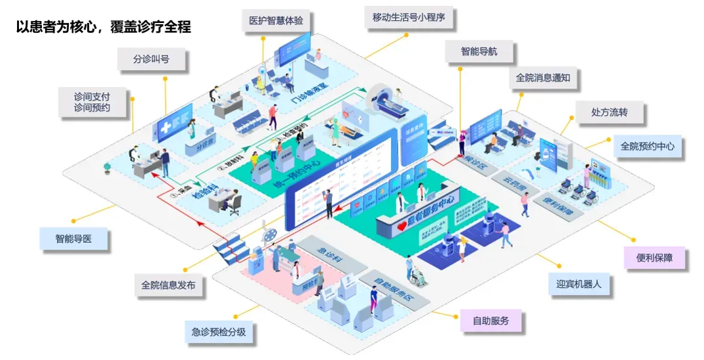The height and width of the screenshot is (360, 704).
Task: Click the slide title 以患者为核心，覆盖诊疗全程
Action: point(103,28)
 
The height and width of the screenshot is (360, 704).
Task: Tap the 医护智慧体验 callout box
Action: point(276,20)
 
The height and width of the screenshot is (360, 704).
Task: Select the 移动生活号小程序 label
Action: point(408,18)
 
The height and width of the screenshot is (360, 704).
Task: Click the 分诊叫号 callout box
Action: point(151,60)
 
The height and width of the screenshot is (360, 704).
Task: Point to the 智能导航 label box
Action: point(479,51)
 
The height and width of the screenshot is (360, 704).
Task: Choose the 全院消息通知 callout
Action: point(543,78)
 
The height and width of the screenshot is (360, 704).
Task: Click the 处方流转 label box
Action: point(609,113)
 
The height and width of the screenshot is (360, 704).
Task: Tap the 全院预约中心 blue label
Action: point(647,146)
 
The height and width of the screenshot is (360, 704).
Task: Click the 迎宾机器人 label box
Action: point(579,284)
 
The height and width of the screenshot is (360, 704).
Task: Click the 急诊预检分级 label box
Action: point(219,332)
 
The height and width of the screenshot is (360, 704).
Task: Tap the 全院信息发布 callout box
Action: point(168,285)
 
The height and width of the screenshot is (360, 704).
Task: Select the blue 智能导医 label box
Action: point(73,239)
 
